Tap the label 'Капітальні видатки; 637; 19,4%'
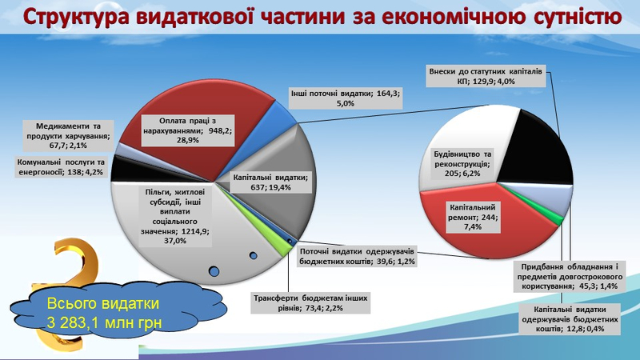pyautogui.click(x=270, y=182)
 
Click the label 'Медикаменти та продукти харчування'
pyautogui.click(x=68, y=135)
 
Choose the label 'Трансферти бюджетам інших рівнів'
pyautogui.click(x=310, y=303)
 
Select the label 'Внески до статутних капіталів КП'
pyautogui.click(x=486, y=76)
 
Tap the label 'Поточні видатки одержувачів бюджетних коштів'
pyautogui.click(x=357, y=256)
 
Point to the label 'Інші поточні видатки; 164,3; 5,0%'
pyautogui.click(x=346, y=98)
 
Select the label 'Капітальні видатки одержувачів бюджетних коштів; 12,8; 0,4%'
pyautogui.click(x=570, y=318)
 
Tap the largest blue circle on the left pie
pyautogui.click(x=214, y=271)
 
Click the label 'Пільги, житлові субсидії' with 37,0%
pyautogui.click(x=175, y=216)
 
